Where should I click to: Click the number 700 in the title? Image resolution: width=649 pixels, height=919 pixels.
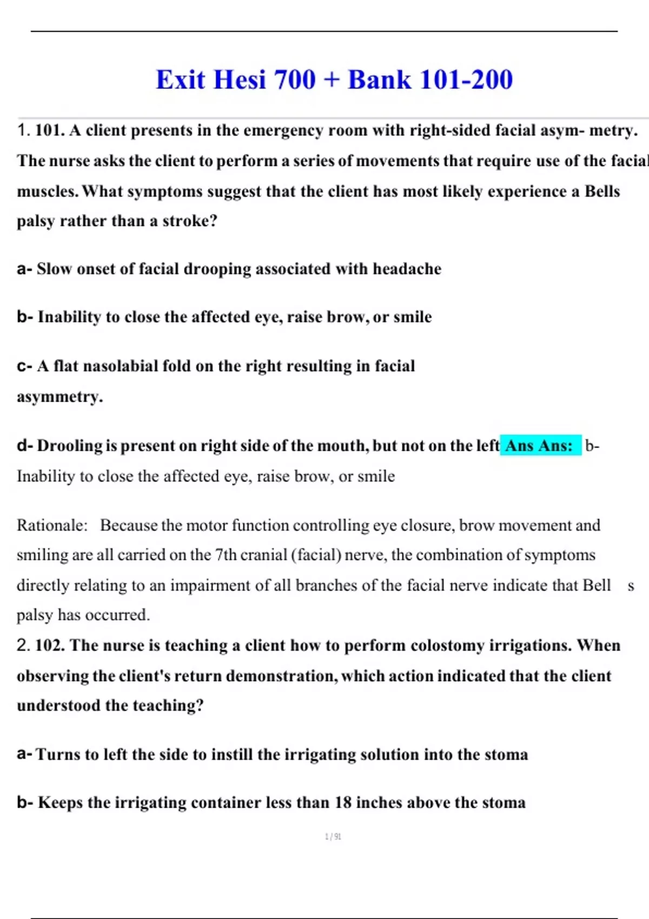click(295, 79)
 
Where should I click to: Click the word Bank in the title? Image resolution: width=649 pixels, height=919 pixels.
click(379, 79)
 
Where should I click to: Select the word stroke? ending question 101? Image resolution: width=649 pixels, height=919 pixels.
click(190, 221)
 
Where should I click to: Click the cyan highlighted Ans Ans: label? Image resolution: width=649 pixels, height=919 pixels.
click(539, 445)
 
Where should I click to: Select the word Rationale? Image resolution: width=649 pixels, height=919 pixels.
click(52, 525)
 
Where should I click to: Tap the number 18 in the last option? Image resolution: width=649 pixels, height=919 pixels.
click(343, 802)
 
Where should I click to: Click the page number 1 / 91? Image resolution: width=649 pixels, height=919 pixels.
click(333, 837)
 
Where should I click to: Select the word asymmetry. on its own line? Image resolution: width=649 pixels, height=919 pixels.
click(59, 397)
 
